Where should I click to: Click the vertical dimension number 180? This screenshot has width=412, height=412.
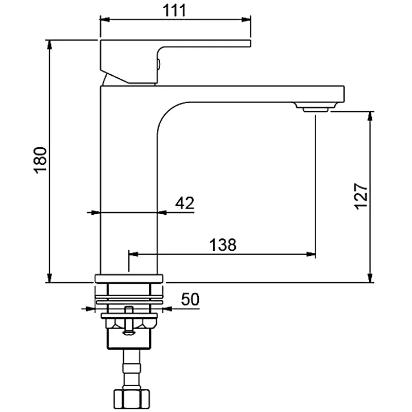[x=41, y=161]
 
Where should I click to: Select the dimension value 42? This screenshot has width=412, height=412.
[x=184, y=203]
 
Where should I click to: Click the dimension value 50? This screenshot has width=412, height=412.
[x=190, y=299]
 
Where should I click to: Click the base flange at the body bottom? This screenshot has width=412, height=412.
[x=129, y=279]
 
